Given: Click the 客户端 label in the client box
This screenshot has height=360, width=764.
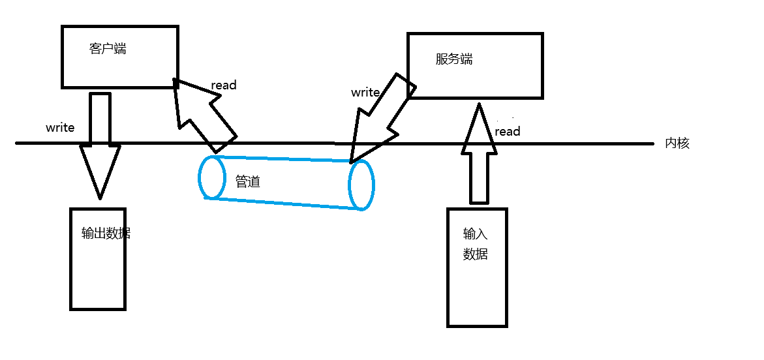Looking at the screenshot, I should pyautogui.click(x=108, y=49).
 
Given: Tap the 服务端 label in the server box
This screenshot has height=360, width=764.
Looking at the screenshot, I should pyautogui.click(x=454, y=59).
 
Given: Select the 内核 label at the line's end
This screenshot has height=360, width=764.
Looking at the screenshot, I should pyautogui.click(x=677, y=143).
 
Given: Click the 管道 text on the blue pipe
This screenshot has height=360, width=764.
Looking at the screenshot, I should pyautogui.click(x=248, y=182).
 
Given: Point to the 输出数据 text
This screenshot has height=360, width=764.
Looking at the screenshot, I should pyautogui.click(x=106, y=233).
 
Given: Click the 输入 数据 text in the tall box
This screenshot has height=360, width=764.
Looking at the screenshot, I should pyautogui.click(x=476, y=244).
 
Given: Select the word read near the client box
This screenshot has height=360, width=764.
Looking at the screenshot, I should pyautogui.click(x=224, y=85).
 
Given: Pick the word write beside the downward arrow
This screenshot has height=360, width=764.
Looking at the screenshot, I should pyautogui.click(x=60, y=127).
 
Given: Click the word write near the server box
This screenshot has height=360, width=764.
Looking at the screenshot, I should pyautogui.click(x=365, y=92).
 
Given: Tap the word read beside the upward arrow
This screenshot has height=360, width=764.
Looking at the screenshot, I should pyautogui.click(x=508, y=132).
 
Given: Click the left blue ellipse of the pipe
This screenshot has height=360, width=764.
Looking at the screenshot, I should pyautogui.click(x=212, y=177).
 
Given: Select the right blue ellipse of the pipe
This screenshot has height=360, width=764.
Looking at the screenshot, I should pyautogui.click(x=361, y=185).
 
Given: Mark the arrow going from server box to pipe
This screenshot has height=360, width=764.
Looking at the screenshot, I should pyautogui.click(x=380, y=117).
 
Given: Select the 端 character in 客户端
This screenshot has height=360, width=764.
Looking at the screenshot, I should pyautogui.click(x=120, y=49).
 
